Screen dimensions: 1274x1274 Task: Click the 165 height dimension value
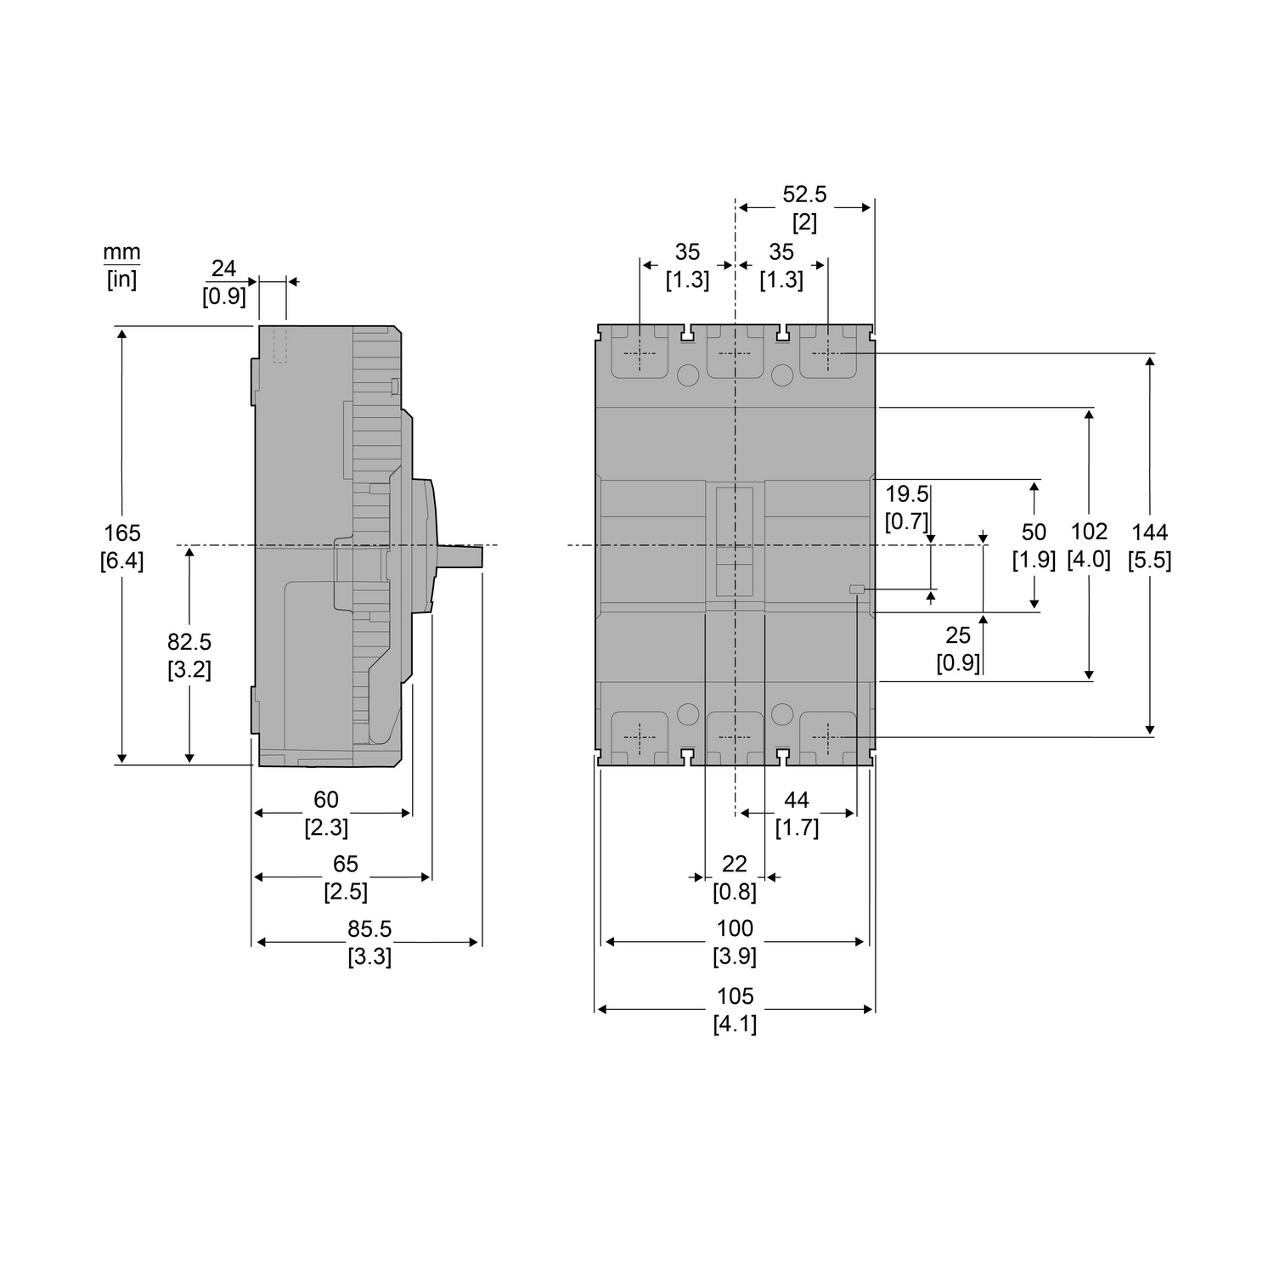(122, 533)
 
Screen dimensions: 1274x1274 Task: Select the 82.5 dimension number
(189, 641)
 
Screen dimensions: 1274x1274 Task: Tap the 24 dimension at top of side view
(223, 268)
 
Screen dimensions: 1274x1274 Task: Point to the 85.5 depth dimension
(369, 929)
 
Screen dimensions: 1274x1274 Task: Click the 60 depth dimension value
(326, 799)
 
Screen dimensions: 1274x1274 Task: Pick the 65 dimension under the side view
(345, 864)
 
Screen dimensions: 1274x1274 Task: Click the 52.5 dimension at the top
(804, 194)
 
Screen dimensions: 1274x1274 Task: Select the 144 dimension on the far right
(1150, 533)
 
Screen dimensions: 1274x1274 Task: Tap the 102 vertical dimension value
(1089, 532)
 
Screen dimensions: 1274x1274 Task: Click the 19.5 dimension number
(907, 494)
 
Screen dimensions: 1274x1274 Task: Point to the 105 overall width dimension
(735, 996)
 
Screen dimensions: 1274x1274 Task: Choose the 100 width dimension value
(735, 928)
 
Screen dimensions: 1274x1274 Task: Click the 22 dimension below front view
(735, 864)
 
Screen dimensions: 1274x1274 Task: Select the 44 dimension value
(797, 799)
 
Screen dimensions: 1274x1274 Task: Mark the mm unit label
(121, 252)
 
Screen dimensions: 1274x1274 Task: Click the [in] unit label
(121, 279)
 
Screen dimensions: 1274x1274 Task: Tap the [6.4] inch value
(122, 561)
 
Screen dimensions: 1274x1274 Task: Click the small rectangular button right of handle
(857, 589)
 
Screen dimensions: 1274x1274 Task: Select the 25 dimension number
(958, 634)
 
